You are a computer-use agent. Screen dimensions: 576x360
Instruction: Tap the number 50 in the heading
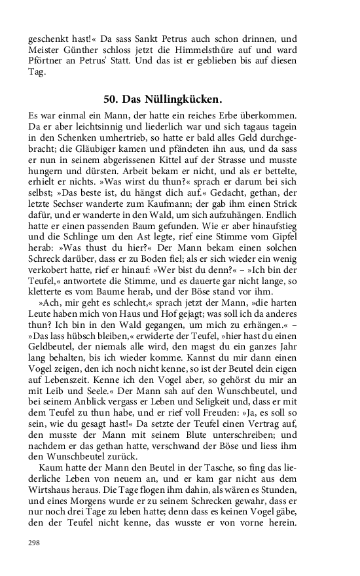pyautogui.click(x=111, y=99)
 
